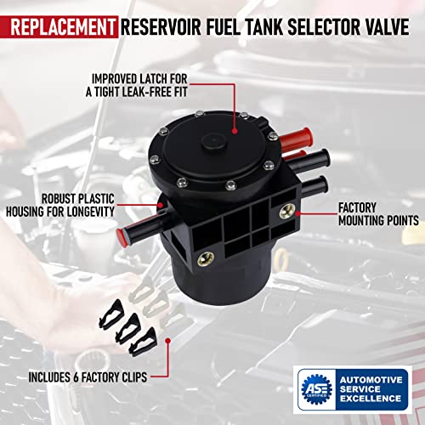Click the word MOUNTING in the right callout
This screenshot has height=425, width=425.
(x=371, y=219)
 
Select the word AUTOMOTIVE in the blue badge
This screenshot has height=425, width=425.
(x=368, y=371)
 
